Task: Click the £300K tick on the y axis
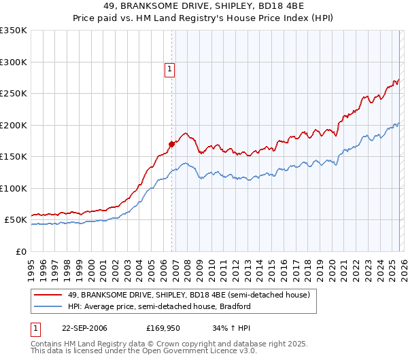(x=14, y=62)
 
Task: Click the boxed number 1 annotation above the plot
(x=170, y=68)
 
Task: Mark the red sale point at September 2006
(x=171, y=144)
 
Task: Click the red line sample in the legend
(x=48, y=295)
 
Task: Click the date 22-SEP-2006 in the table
(x=84, y=328)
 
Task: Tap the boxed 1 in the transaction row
(x=35, y=328)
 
